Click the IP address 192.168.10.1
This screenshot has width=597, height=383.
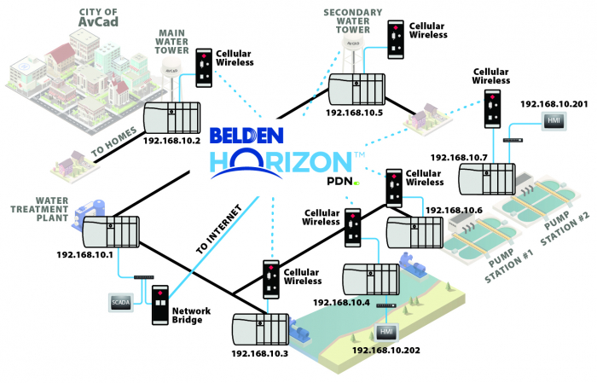[87, 254]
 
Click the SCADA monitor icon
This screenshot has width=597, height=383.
[119, 301]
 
